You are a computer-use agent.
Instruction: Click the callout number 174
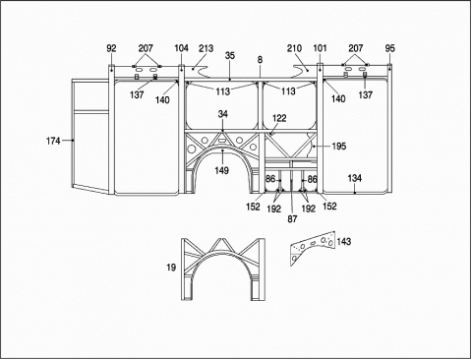point(53,141)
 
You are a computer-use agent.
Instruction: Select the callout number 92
point(111,48)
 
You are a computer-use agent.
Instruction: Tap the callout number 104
point(181,48)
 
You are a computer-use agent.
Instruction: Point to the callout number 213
point(206,48)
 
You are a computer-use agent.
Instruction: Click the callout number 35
point(230,55)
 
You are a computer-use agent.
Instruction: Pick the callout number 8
point(260,60)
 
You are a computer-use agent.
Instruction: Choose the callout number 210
point(294,48)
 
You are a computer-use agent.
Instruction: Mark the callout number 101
point(321,48)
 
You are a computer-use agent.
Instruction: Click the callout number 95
point(390,48)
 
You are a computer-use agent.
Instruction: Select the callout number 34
point(223,114)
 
